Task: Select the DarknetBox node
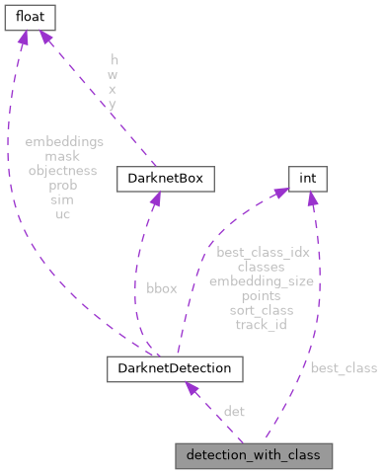click(x=159, y=180)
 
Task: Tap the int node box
click(x=307, y=180)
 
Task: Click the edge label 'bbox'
click(x=162, y=288)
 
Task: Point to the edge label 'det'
click(x=234, y=411)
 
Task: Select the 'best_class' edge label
click(x=344, y=368)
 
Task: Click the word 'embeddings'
click(x=63, y=142)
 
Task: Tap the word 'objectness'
click(x=63, y=170)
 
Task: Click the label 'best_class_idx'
click(x=263, y=253)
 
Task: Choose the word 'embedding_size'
click(x=261, y=281)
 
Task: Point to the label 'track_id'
click(x=261, y=324)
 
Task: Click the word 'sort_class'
click(x=261, y=310)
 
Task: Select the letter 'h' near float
click(x=114, y=60)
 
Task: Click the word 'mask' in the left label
click(x=63, y=156)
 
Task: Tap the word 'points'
click(x=261, y=295)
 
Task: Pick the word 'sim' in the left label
click(x=63, y=198)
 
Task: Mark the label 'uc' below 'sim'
click(x=63, y=212)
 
